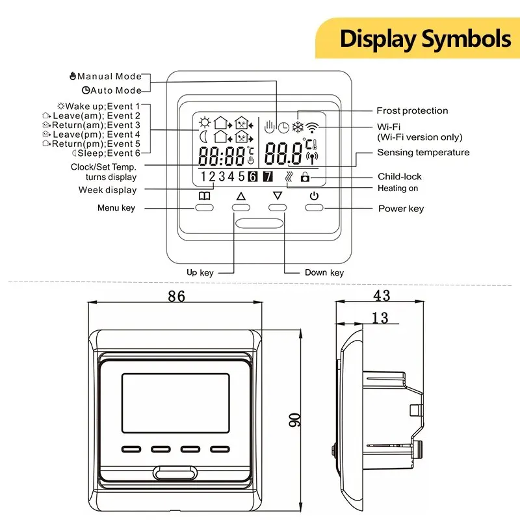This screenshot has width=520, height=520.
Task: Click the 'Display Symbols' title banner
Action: pos(425,38)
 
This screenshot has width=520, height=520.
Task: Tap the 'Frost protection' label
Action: pos(412,110)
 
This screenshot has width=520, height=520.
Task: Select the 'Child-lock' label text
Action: pos(399,176)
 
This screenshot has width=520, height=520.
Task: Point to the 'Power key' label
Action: pos(401,209)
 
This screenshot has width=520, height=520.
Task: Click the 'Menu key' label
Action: pos(116,208)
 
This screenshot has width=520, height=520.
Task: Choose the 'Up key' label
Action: pos(200,273)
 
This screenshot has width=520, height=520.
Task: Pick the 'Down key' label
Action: pos(324,273)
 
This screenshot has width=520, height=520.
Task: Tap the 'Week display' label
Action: pos(108,190)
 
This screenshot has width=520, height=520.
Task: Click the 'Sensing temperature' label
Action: pos(423,153)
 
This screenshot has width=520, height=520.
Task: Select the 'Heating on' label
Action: pos(398,188)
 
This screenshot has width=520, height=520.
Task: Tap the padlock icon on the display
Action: pos(305,177)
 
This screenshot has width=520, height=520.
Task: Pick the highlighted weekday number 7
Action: pos(267,176)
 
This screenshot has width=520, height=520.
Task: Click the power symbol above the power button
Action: pos(315,196)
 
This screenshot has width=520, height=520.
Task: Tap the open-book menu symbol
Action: pos(205,196)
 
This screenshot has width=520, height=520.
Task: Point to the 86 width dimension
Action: pos(175,296)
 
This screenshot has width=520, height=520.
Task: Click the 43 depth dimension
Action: pos(382,296)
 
